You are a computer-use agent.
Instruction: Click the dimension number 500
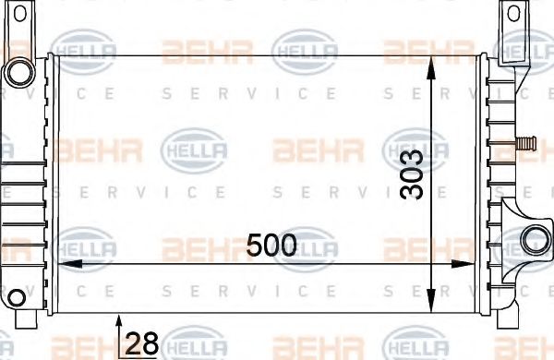pos(271,246)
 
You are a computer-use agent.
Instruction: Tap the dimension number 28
pos(141,343)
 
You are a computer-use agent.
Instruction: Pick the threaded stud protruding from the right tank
pos(527,142)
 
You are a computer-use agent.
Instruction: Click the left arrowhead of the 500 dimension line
pos(65,263)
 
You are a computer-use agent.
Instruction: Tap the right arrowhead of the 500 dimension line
pos(476,263)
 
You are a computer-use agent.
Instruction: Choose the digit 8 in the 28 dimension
pos(150,343)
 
